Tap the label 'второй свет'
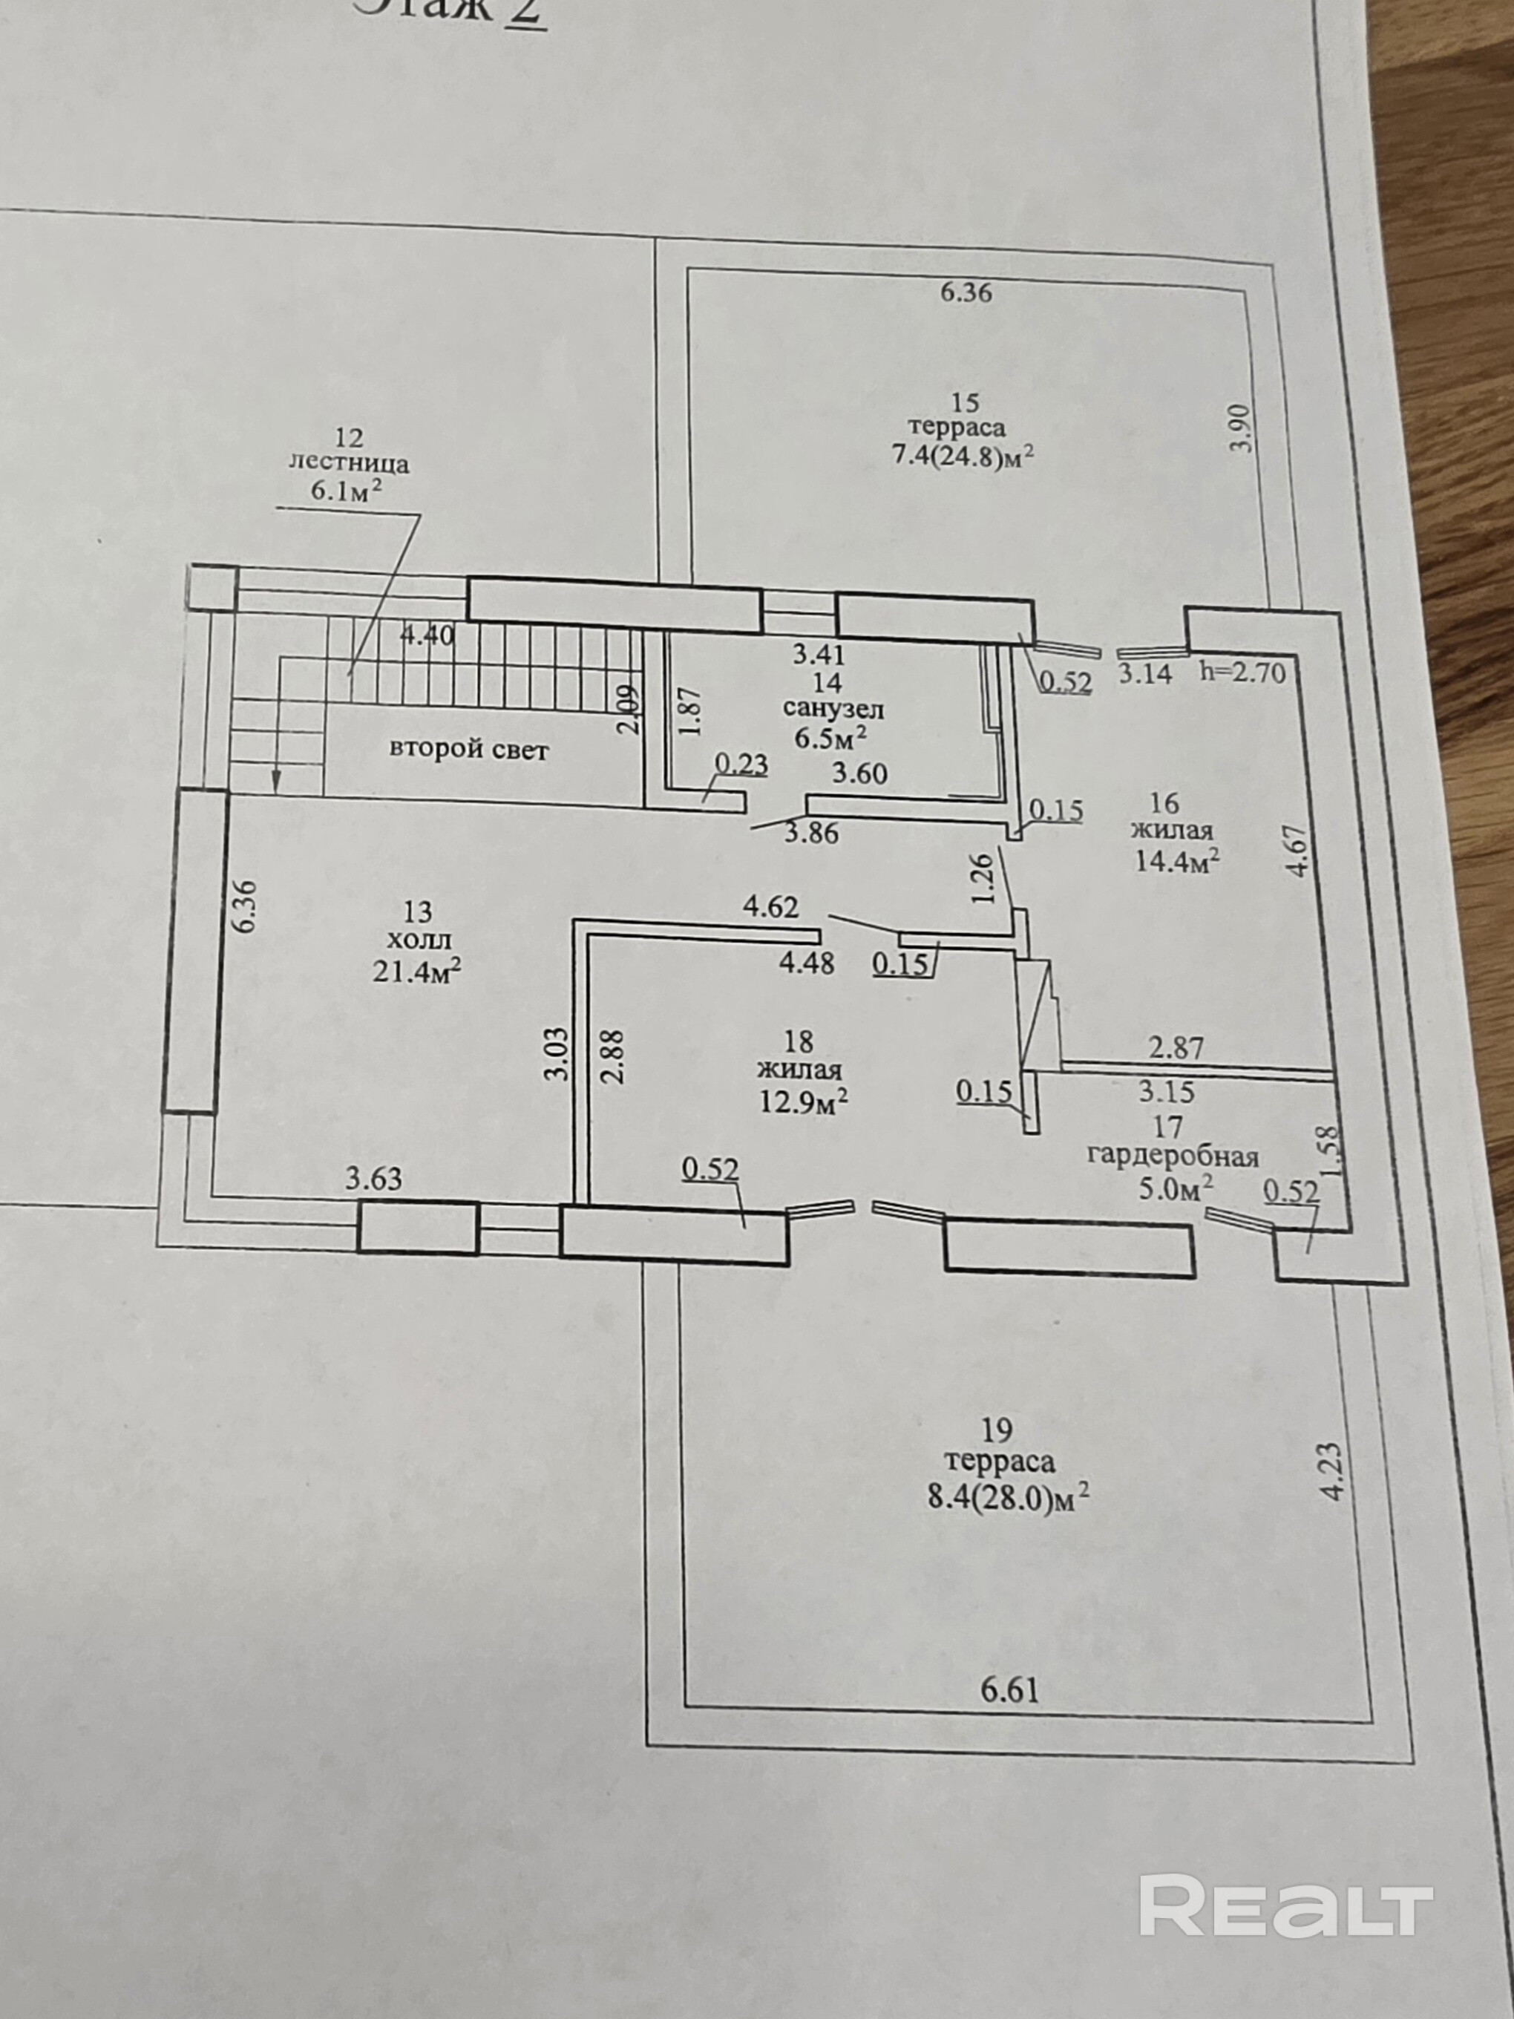tap(469, 750)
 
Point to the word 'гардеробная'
tap(1173, 1156)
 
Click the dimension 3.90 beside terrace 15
tap(1242, 428)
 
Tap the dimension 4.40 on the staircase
tap(427, 635)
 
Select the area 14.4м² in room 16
tap(1177, 861)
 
